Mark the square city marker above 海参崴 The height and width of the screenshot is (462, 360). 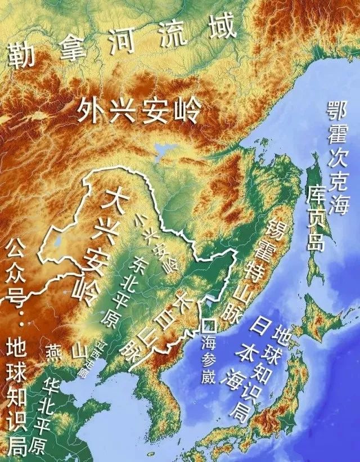tap(210, 325)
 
